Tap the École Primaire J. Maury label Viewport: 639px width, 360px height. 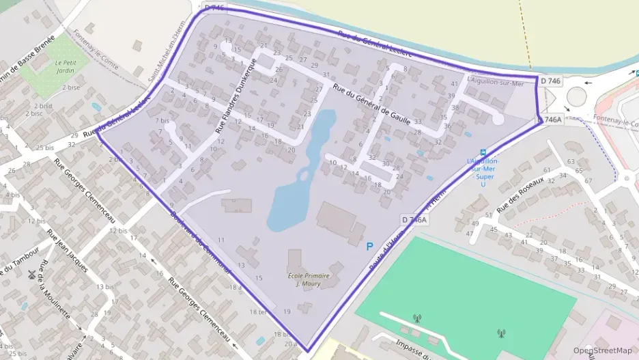[x=309, y=279]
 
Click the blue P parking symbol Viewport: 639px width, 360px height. [x=370, y=247]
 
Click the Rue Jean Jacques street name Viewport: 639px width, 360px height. [x=67, y=250]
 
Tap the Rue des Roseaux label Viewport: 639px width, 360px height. [x=520, y=195]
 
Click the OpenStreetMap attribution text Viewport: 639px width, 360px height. [x=602, y=350]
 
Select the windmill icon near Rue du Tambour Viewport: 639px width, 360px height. [x=31, y=275]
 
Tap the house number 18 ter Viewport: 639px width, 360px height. [x=259, y=312]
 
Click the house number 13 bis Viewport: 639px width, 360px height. [x=105, y=287]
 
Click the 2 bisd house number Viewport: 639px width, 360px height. [x=42, y=106]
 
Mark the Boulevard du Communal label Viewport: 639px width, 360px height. [x=201, y=241]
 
